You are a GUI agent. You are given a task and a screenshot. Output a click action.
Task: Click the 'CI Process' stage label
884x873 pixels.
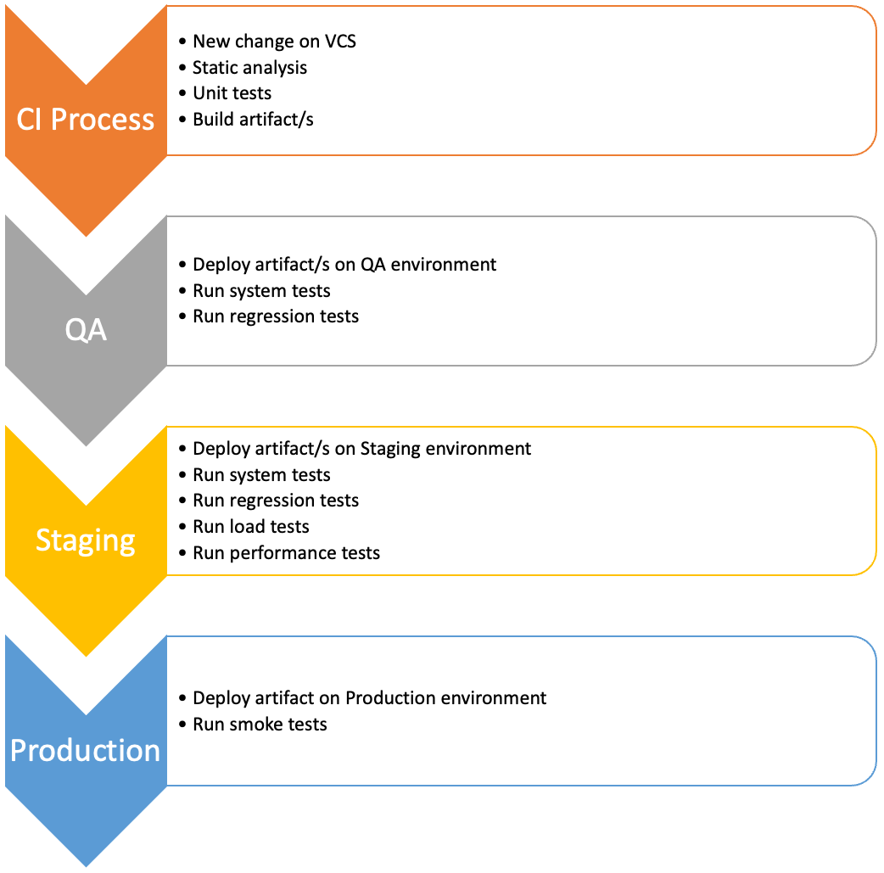pos(86,119)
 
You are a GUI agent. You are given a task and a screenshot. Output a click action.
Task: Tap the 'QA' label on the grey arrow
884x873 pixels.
pos(86,329)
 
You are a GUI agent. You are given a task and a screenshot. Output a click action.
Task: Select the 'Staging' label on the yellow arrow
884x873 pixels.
pos(86,540)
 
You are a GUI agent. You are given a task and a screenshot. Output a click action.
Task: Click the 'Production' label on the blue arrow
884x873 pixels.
pos(86,750)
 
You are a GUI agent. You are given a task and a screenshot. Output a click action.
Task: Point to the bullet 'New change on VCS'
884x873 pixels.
pos(274,41)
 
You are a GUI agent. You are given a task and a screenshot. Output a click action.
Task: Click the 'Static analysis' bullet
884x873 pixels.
pos(249,67)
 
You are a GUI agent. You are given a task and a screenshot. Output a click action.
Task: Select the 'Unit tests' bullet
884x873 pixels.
pos(232,92)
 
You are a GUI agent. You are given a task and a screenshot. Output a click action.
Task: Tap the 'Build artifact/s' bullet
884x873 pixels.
pos(253,119)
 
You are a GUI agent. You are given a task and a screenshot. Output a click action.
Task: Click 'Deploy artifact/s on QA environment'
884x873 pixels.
pos(344,264)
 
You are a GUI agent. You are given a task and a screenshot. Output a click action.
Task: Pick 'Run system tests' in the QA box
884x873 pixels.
pos(261,290)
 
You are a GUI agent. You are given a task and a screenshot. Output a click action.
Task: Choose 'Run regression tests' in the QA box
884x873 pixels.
pos(276,316)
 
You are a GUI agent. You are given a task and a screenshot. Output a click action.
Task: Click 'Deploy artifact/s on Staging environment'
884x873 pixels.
pos(361,448)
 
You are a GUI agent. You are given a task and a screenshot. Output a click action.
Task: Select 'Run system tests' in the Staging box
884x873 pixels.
pos(261,474)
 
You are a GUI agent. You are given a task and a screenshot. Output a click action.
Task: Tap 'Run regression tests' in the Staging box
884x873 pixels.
pos(276,500)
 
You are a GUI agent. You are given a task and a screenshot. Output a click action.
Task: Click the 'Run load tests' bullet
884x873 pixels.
pos(251,526)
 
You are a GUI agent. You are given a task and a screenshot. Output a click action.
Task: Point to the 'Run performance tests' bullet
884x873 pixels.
pos(286,552)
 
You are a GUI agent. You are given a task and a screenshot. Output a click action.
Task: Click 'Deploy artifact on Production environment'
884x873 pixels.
pos(369,697)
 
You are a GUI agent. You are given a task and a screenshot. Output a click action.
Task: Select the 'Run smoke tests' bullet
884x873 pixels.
pos(260,724)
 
